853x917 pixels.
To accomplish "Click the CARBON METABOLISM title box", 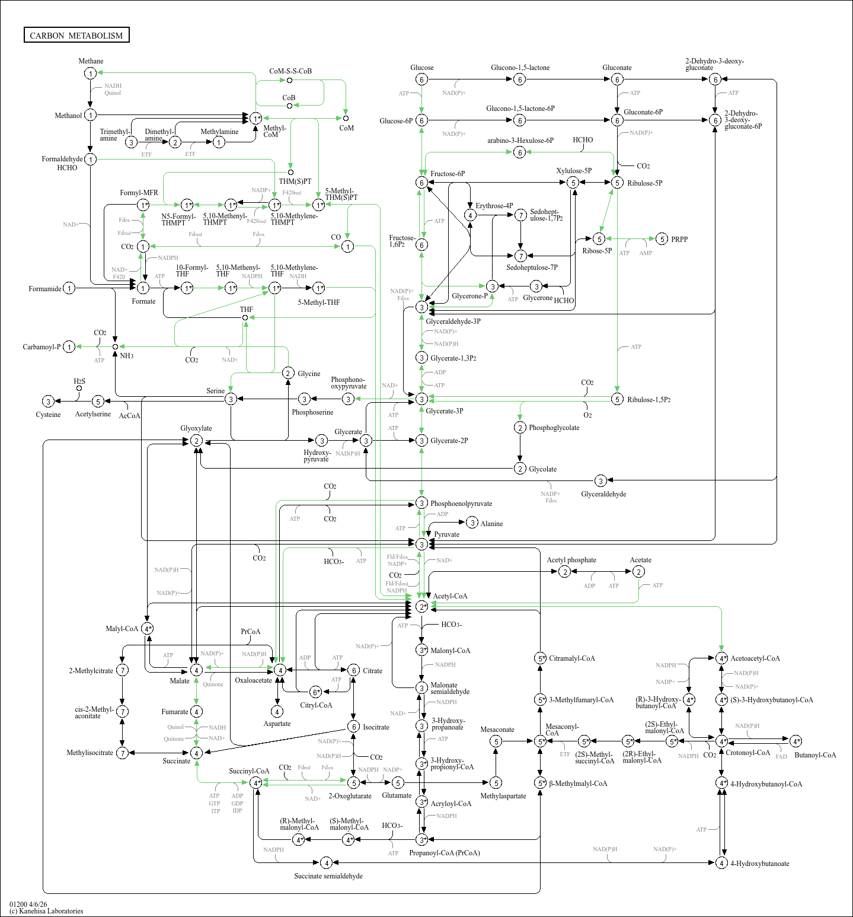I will tap(76, 35).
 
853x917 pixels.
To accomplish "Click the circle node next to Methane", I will tap(90, 73).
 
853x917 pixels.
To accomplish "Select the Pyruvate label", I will tap(446, 534).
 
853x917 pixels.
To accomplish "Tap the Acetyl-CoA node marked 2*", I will tap(421, 606).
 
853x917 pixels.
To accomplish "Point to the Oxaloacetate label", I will tap(253, 680).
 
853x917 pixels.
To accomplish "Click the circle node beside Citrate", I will tap(353, 670).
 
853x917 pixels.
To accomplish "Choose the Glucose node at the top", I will tap(421, 79).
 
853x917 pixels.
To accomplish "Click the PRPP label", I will tap(679, 239).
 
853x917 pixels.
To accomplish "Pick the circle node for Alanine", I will tap(472, 523).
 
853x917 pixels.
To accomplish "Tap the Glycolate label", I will tap(542, 469).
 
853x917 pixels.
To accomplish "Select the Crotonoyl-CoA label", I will tap(747, 753).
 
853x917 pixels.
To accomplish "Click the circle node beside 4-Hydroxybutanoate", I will tap(721, 862).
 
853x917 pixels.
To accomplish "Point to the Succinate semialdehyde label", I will tap(328, 876).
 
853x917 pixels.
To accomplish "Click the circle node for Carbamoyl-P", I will tap(69, 346).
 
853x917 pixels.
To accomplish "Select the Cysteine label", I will tap(48, 415).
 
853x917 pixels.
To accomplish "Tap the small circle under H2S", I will tap(79, 389).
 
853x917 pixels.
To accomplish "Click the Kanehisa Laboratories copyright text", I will tap(46, 911).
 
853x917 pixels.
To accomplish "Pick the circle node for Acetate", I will tap(638, 571).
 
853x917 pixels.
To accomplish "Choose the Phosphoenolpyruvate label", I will tap(461, 504).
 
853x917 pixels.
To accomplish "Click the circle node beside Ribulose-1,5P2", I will tap(617, 399).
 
